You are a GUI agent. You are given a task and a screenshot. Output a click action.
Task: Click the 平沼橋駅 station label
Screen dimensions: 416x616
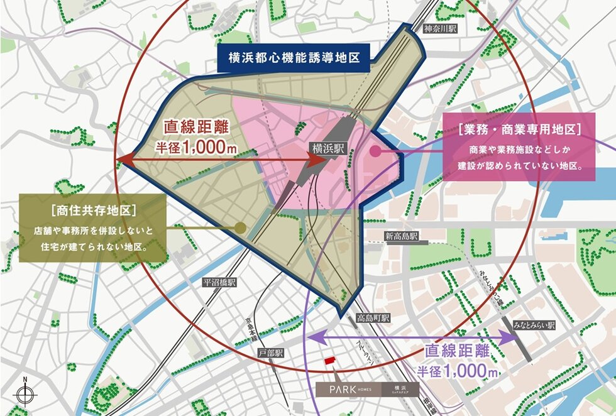[x=218, y=282]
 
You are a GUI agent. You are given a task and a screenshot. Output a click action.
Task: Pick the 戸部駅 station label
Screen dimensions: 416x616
[x=272, y=353]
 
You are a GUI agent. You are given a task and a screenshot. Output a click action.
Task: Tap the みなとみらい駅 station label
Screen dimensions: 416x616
[x=534, y=326]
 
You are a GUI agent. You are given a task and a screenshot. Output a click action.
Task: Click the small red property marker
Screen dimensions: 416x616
[x=328, y=363]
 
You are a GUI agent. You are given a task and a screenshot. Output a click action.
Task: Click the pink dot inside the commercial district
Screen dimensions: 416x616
[x=375, y=151]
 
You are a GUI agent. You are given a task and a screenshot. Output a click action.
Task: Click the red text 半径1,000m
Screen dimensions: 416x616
[x=191, y=146]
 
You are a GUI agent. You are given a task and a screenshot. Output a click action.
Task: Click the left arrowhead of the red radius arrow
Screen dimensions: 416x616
[x=122, y=161]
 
